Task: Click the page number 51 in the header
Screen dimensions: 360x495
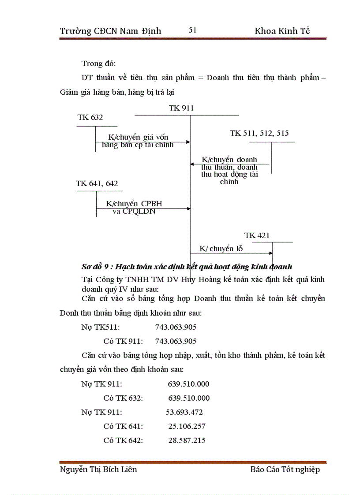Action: pyautogui.click(x=192, y=30)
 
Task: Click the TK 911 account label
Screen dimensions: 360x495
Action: pyautogui.click(x=181, y=108)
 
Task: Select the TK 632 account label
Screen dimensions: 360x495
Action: pyautogui.click(x=90, y=117)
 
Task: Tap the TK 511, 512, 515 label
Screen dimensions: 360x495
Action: pyautogui.click(x=259, y=133)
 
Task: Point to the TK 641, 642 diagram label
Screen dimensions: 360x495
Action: pyautogui.click(x=97, y=183)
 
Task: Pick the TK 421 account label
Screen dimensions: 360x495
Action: pyautogui.click(x=257, y=235)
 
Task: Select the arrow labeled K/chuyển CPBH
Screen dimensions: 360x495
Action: pyautogui.click(x=143, y=209)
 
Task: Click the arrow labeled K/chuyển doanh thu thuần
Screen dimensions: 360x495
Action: pyautogui.click(x=229, y=164)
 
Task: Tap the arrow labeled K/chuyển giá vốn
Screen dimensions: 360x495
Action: pyautogui.click(x=143, y=142)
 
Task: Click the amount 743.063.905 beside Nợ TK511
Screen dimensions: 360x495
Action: pyautogui.click(x=176, y=327)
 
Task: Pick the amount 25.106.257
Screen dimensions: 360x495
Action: pyautogui.click(x=187, y=426)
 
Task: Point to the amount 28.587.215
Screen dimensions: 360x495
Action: pyautogui.click(x=187, y=440)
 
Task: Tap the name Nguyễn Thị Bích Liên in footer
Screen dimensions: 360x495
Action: pyautogui.click(x=98, y=469)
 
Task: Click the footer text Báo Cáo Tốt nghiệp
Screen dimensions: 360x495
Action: pyautogui.click(x=285, y=469)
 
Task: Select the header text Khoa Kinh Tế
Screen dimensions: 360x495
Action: pyautogui.click(x=282, y=31)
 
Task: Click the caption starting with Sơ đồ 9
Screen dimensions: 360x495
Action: pyautogui.click(x=187, y=267)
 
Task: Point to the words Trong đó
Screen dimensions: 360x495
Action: pyautogui.click(x=98, y=63)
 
